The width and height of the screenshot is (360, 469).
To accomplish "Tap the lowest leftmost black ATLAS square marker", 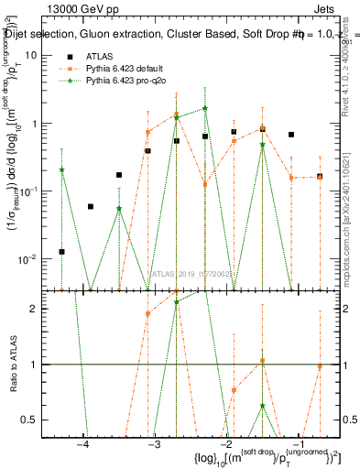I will tap(61, 251).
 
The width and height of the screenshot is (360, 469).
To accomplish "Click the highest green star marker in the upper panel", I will tap(205, 108).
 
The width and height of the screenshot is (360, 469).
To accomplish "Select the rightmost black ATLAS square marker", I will tap(320, 176).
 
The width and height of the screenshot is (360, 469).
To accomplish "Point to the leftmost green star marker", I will tap(61, 169).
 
